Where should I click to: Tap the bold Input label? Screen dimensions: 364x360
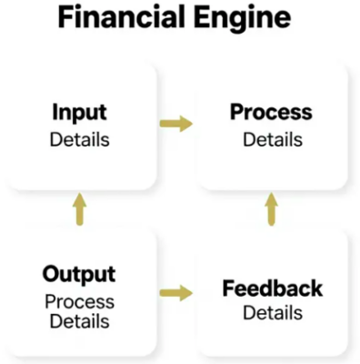(79, 114)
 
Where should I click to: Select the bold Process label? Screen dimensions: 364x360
(271, 114)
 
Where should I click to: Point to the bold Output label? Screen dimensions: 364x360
(79, 274)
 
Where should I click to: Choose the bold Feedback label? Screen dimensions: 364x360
(273, 289)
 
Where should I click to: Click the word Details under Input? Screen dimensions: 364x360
(79, 140)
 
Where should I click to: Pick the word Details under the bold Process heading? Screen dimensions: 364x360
(271, 140)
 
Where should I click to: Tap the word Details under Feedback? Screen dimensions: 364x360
(273, 313)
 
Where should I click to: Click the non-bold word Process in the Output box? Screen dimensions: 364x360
(80, 300)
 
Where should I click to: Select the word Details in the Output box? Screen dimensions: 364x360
(80, 321)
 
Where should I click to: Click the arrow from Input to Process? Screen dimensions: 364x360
(176, 124)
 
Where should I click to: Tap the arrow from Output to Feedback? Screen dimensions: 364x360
(176, 293)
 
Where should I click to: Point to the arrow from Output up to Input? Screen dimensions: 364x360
(80, 208)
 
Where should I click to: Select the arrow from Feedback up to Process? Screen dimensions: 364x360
(270, 208)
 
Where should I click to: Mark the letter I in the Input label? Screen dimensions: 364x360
(55, 114)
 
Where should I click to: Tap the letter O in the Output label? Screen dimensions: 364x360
(53, 274)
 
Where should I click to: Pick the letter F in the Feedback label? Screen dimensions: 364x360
(228, 289)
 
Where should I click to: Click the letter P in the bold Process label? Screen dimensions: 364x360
(236, 114)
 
